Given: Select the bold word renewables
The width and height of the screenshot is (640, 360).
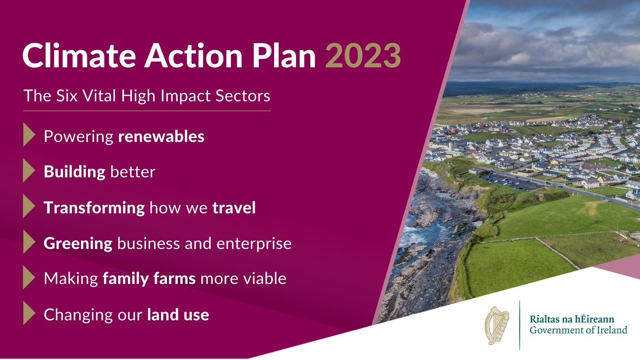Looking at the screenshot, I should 161,137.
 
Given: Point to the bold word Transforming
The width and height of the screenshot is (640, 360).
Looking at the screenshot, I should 94,208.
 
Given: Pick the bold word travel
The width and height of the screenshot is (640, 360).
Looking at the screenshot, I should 234,208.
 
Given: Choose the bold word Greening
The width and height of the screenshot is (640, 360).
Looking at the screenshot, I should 78,244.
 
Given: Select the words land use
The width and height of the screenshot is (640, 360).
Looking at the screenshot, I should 178,315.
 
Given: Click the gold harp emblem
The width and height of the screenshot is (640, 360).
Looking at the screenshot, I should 497,325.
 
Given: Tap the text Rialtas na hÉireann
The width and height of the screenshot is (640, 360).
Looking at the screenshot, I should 571,319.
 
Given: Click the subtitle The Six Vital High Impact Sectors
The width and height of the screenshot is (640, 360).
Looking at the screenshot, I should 147,97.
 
